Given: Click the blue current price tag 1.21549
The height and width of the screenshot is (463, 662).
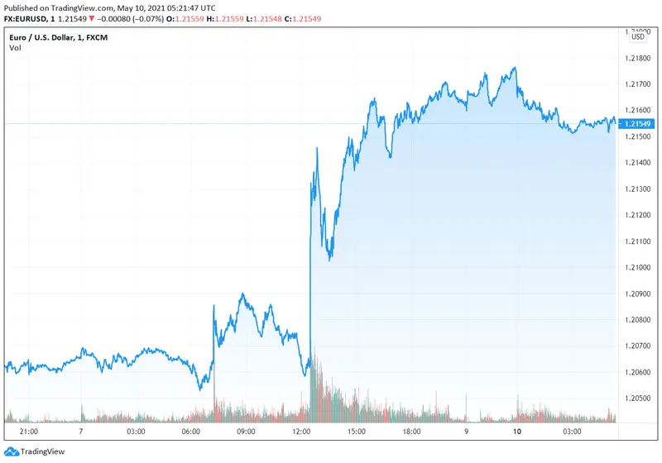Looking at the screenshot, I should coord(637,124).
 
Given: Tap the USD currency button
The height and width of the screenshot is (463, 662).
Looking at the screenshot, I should coord(638,36).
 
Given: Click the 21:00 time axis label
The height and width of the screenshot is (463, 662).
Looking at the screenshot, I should coord(27,432).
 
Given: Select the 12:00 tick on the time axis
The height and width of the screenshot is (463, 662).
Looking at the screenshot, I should coord(301,432).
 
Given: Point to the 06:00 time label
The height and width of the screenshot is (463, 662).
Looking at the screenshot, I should coord(191,432).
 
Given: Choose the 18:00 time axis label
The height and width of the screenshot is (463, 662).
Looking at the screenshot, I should coord(410,432).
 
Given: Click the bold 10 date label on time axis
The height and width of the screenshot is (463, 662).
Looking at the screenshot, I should coord(517,432).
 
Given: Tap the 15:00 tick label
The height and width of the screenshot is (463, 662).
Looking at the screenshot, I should coord(356,432).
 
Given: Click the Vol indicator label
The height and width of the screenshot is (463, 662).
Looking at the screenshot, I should coord(15,48).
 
